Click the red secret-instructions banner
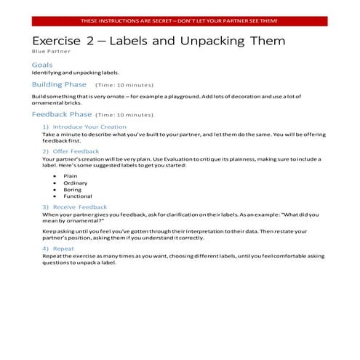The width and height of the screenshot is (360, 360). click(x=179, y=21)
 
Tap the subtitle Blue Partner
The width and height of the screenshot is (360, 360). click(x=49, y=52)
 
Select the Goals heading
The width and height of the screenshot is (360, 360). click(x=42, y=65)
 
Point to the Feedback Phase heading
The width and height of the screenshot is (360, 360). click(x=62, y=114)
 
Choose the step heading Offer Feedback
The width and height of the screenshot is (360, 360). click(x=76, y=151)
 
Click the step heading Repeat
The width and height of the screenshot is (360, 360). click(x=63, y=248)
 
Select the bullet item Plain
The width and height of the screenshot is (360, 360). click(x=71, y=175)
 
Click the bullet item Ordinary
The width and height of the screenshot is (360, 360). click(x=75, y=183)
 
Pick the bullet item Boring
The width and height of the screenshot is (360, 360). click(x=73, y=189)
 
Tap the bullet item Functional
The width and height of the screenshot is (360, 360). click(x=78, y=196)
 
